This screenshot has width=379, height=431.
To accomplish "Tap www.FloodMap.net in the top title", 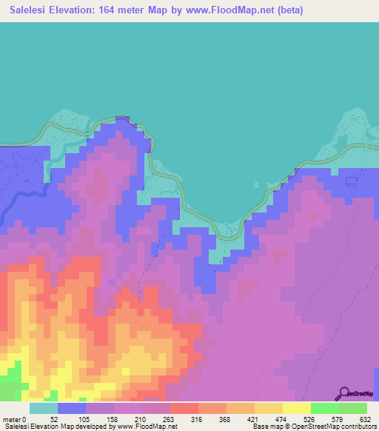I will coord(224,11).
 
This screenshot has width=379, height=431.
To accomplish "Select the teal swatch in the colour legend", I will coord(44,409).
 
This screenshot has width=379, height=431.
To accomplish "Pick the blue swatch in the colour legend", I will coord(72,409).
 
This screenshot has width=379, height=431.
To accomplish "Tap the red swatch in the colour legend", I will coord(184,409).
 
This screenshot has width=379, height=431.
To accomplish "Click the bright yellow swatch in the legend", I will coord(297,409).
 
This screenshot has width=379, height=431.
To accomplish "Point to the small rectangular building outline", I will coord(350,180).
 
